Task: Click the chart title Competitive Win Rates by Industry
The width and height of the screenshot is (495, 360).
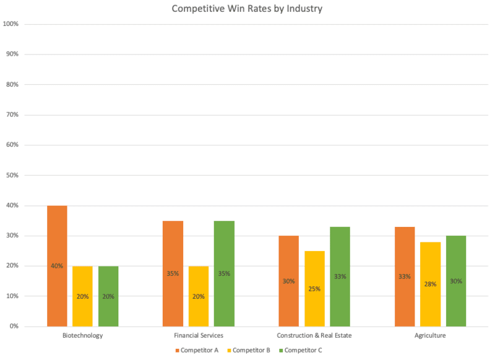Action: (x=247, y=9)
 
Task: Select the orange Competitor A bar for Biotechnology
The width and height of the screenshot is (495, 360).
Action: (x=57, y=266)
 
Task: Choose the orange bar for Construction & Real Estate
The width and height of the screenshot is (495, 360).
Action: (x=288, y=281)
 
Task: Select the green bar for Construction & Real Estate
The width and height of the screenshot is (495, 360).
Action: (x=340, y=276)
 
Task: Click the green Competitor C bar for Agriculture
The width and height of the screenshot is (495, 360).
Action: (x=456, y=281)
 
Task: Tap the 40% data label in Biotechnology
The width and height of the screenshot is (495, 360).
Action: (x=57, y=266)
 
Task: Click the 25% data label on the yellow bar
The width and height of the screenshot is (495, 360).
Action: (x=314, y=288)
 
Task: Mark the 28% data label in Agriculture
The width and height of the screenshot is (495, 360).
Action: (x=430, y=284)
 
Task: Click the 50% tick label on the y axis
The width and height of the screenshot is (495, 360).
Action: (x=12, y=175)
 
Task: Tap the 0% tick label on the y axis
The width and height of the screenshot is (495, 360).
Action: (x=14, y=326)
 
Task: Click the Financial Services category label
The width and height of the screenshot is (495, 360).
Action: (x=199, y=336)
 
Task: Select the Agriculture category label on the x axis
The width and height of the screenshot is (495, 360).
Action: (x=430, y=336)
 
